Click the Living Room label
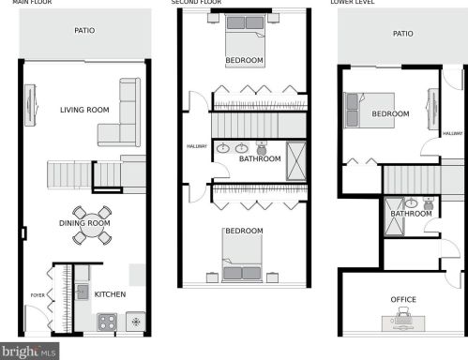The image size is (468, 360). click(84, 110)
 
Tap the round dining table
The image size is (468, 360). click(92, 225)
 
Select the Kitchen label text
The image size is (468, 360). click(110, 294)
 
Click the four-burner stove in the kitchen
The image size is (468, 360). click(107, 322)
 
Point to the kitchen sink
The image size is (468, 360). click(82, 292)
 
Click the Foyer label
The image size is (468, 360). click(38, 295)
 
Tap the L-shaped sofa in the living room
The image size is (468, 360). click(119, 112)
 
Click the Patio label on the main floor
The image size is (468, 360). click(84, 30)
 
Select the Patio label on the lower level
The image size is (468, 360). click(403, 34)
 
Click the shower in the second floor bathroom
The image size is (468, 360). click(296, 161)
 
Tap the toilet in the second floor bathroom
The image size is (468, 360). click(261, 146)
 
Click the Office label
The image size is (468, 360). click(403, 299)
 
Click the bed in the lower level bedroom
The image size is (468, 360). click(369, 111)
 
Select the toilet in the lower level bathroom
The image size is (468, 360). click(428, 203)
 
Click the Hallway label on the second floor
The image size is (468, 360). click(197, 146)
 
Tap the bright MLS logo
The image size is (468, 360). click(29, 352)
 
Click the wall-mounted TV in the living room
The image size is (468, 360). click(31, 105)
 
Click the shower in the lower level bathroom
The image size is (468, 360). click(394, 217)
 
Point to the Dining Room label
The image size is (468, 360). click(84, 223)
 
